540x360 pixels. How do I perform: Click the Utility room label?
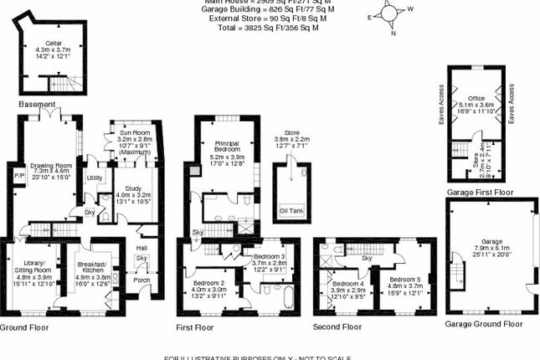95,178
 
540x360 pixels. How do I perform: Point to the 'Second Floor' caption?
337,327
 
